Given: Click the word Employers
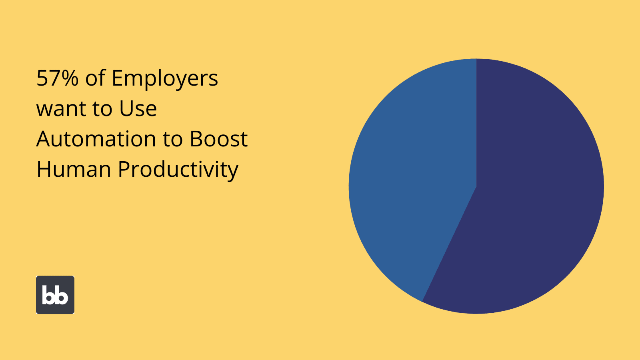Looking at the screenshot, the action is coord(165,80).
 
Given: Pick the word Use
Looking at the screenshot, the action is coord(138,108).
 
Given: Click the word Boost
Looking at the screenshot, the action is coord(218,139).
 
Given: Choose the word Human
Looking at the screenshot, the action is coord(74,169).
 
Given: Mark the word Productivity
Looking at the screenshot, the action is coord(178,170).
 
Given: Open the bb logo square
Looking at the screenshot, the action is coord(55,295).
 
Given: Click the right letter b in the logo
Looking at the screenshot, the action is coord(62,295).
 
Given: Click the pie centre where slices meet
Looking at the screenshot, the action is coord(476,186).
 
